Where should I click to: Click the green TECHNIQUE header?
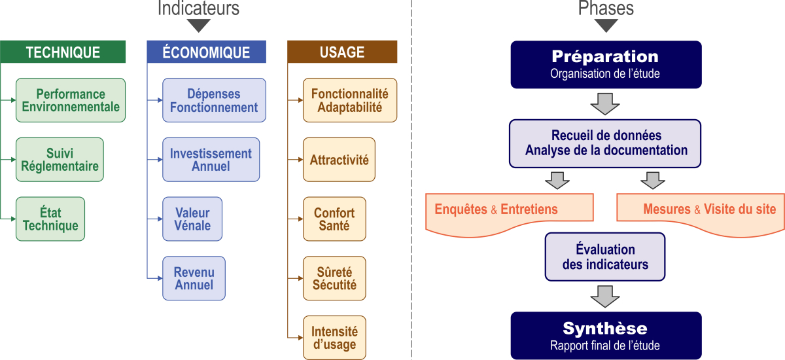(x=63, y=52)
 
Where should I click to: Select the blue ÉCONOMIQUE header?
(x=206, y=52)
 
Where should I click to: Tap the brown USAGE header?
(x=342, y=52)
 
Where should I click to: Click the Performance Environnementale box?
(x=70, y=100)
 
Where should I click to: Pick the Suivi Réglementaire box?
(x=60, y=159)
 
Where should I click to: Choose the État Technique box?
(x=50, y=219)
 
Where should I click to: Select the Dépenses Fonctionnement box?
(x=214, y=100)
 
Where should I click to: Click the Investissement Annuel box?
(x=211, y=160)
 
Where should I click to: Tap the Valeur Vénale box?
(x=192, y=219)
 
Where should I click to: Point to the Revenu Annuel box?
(x=194, y=278)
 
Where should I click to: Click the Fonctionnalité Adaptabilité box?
(x=350, y=100)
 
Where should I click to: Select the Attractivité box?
(x=339, y=160)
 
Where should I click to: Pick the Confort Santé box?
(x=334, y=219)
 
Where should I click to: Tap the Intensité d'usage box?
(x=334, y=338)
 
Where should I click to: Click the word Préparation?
(x=605, y=56)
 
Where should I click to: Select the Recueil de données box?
(x=606, y=143)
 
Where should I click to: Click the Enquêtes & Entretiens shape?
(x=509, y=211)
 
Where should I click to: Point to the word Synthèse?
(x=605, y=328)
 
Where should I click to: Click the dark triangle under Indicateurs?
(x=199, y=26)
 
